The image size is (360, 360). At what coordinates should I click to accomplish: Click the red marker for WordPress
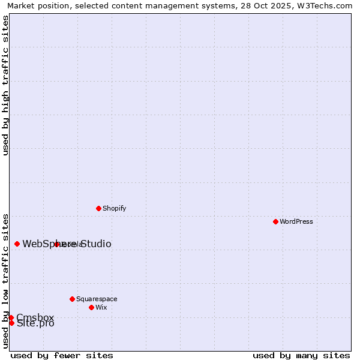(275, 221)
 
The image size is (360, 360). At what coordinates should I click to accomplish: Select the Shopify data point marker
(98, 208)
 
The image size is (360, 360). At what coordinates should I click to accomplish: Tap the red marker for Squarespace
(72, 299)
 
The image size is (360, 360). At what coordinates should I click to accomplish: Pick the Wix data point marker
(91, 307)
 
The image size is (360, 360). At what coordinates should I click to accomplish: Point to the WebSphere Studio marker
(17, 244)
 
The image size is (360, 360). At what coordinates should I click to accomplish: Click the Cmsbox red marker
(11, 317)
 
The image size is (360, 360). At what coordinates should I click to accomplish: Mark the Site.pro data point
(11, 323)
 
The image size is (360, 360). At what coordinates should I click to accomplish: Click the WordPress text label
(296, 221)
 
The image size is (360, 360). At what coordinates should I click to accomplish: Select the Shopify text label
(114, 208)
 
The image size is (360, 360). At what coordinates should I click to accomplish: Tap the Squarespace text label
(97, 299)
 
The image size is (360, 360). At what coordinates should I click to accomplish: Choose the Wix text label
(101, 307)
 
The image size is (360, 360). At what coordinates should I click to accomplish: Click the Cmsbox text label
(35, 317)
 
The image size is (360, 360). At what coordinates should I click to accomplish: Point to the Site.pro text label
(35, 323)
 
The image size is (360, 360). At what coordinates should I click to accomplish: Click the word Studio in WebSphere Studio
(95, 244)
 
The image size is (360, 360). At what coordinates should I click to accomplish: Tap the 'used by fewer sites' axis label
(62, 355)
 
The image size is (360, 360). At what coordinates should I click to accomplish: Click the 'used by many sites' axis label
(301, 355)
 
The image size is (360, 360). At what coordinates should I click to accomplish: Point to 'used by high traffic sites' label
(6, 85)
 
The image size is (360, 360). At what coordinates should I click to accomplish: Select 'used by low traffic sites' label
(6, 280)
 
